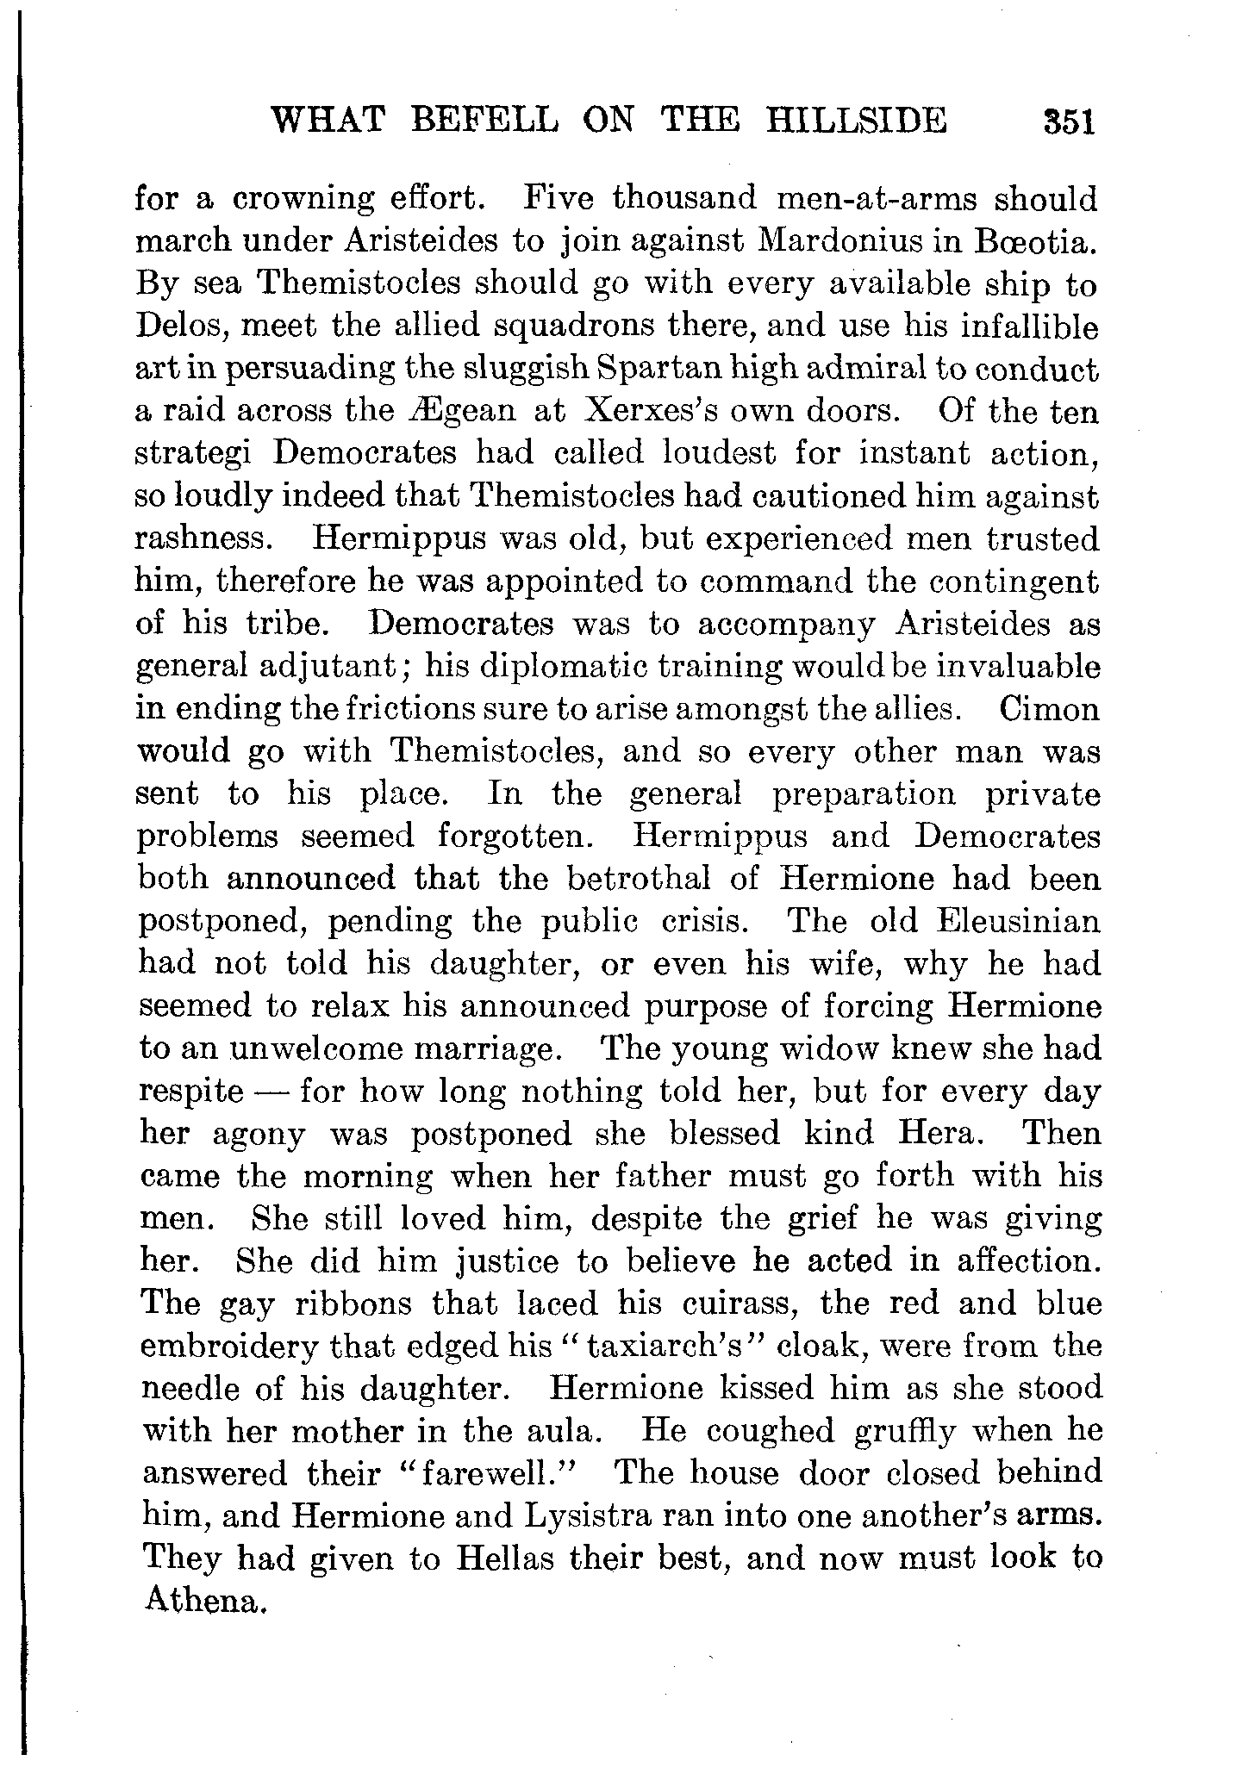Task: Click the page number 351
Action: coord(1068,121)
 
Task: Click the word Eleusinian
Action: coord(1018,922)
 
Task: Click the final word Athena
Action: coord(201,1601)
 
